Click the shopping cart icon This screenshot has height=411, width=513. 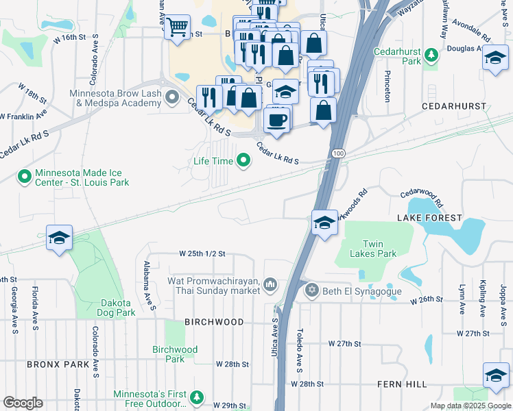pos(178,27)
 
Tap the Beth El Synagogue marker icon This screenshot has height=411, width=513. pos(312,290)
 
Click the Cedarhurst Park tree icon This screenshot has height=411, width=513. pos(431,55)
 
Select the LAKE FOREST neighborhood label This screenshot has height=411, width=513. pos(429,218)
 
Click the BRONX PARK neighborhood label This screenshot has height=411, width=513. pos(58,364)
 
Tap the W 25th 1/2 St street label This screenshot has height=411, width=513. pos(202,253)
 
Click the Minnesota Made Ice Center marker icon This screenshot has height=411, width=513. pos(24,177)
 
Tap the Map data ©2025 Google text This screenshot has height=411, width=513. pos(470,406)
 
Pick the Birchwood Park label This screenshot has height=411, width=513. pos(175,354)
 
